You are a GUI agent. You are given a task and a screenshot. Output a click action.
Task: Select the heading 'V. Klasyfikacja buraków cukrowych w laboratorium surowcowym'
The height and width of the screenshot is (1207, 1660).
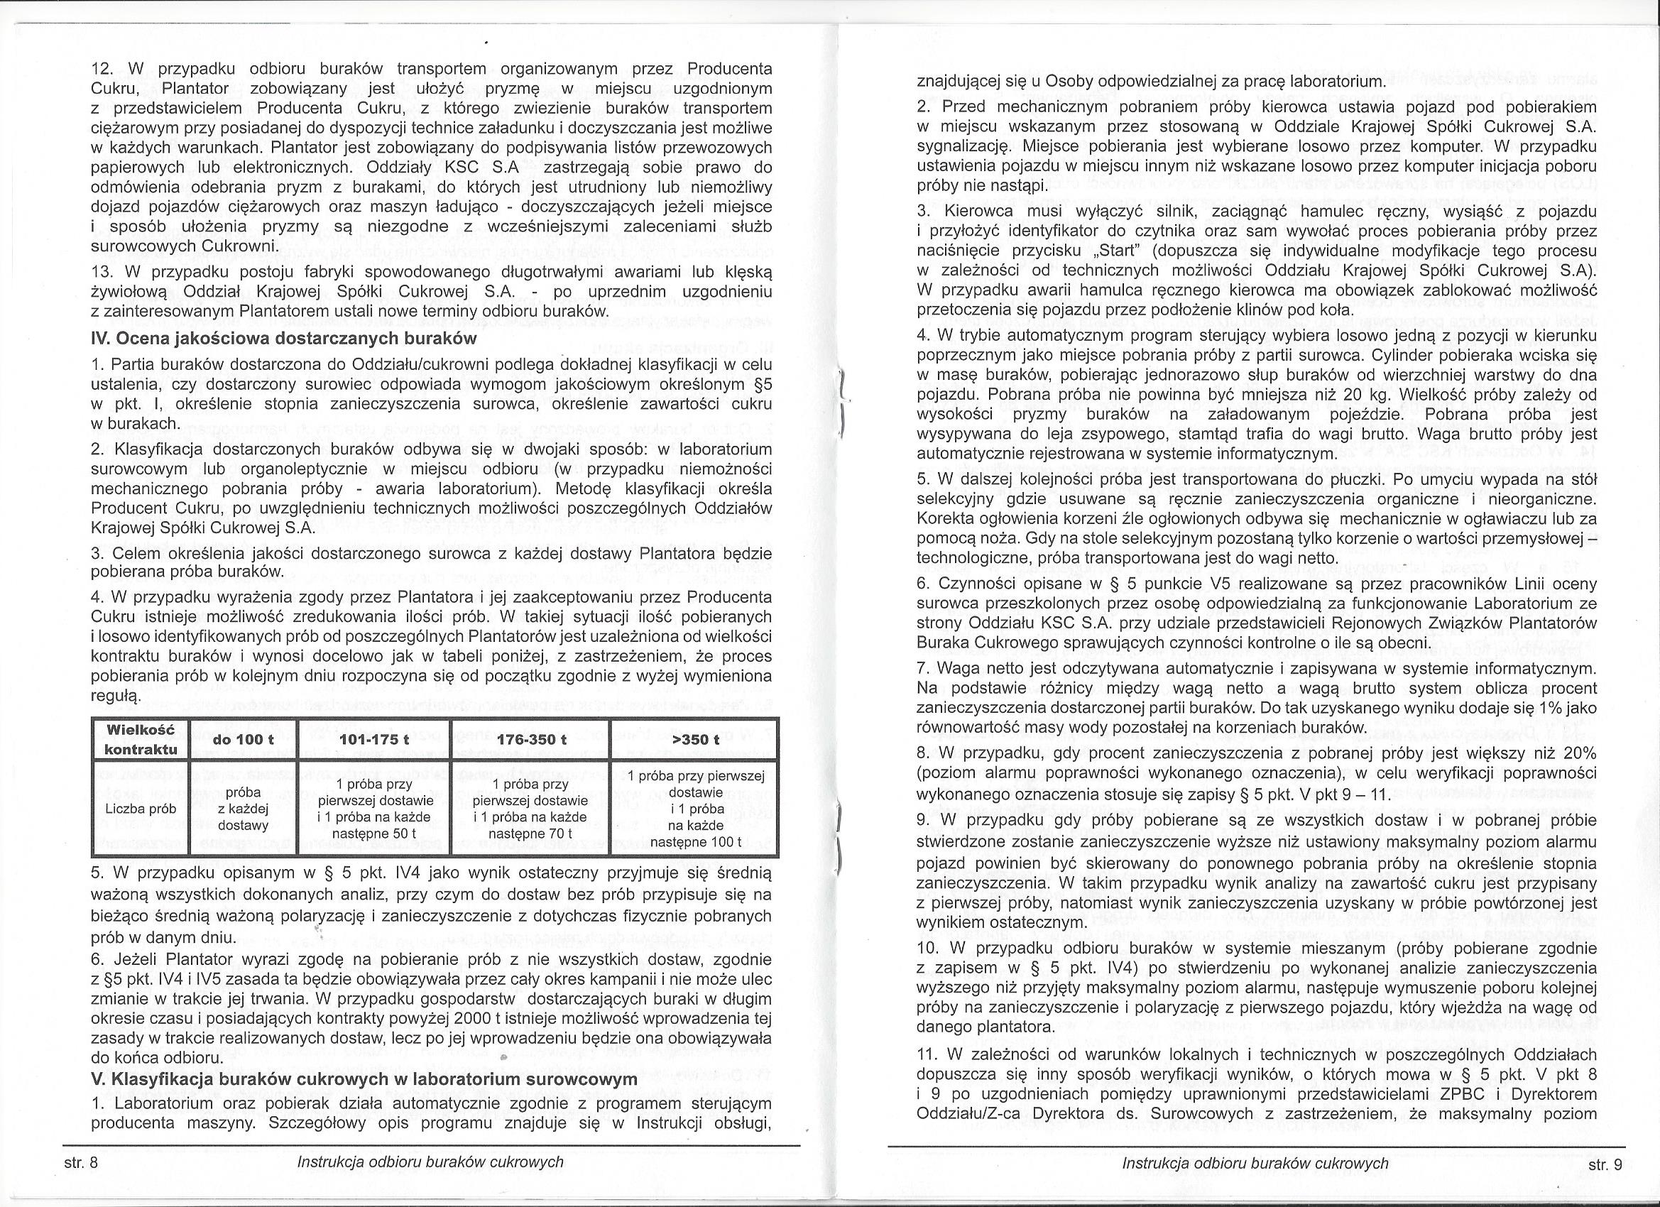point(364,1080)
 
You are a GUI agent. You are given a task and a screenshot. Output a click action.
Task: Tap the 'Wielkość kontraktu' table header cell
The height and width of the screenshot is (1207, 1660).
point(140,739)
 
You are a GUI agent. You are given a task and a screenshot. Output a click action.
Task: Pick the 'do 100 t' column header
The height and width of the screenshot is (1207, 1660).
point(243,740)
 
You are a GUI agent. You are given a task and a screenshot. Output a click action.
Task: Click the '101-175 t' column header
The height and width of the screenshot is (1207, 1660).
point(376,740)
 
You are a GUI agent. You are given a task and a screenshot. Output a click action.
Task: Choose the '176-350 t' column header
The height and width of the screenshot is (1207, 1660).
point(531,740)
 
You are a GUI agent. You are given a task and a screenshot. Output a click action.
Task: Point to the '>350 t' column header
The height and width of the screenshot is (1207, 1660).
point(695,740)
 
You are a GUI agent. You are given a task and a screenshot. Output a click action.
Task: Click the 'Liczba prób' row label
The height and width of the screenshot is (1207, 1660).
point(140,809)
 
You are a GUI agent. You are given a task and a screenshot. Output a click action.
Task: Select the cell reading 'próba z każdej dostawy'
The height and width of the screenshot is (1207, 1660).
point(243,809)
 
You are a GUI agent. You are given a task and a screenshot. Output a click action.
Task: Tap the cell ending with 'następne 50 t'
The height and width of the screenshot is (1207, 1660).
point(376,809)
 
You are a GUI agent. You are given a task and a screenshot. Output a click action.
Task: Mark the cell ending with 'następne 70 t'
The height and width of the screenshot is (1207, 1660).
point(531,809)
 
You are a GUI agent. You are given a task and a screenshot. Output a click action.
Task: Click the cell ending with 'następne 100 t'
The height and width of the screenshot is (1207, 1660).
point(695,809)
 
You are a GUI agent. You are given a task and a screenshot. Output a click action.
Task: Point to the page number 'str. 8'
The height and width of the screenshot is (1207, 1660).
point(81,1162)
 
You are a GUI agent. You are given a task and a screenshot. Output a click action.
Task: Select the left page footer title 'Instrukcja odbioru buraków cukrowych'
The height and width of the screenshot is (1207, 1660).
point(430,1162)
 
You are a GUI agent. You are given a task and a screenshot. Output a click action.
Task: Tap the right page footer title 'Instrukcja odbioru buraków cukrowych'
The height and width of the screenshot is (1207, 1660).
point(1255,1163)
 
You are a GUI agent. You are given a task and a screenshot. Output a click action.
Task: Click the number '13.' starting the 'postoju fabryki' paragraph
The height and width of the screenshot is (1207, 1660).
point(104,273)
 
